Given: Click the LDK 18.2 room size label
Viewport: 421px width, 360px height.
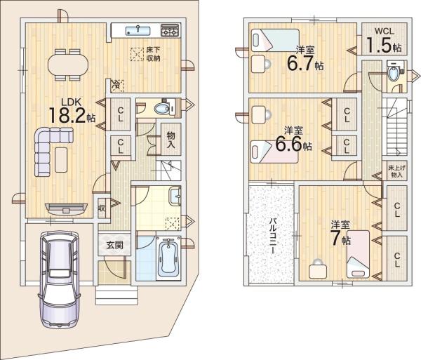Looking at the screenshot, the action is (x=72, y=111).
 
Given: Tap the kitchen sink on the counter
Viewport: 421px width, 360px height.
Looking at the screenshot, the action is (x=138, y=31).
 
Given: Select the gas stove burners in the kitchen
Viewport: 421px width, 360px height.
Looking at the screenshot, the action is (x=170, y=30).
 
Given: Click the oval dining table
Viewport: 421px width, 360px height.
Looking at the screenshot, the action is (x=68, y=65).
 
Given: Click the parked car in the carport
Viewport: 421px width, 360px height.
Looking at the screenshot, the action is (x=59, y=279).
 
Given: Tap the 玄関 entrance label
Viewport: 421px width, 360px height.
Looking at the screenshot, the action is (x=114, y=245).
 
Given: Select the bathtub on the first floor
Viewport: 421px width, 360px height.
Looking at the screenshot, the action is (x=168, y=258).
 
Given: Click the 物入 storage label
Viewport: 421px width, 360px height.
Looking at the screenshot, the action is (x=171, y=140).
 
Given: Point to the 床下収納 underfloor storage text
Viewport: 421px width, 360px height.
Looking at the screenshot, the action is (x=153, y=54).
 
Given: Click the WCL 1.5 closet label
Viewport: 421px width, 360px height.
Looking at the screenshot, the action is (x=384, y=40).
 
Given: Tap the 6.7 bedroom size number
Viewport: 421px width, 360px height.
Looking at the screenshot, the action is (x=300, y=64).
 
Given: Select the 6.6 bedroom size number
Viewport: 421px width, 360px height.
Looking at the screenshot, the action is (x=288, y=145).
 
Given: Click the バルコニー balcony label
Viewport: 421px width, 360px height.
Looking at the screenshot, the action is (x=272, y=236).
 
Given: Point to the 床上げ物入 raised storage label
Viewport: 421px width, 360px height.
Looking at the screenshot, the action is (x=396, y=171).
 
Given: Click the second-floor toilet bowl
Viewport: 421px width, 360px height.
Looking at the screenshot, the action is (x=394, y=73).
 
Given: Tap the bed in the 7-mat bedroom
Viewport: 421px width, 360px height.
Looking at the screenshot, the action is (x=358, y=254).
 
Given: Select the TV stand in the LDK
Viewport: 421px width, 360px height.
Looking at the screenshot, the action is (x=66, y=209).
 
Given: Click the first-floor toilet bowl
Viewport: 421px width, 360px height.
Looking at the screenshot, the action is (x=161, y=109).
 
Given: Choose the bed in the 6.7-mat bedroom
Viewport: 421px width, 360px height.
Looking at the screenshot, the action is (x=275, y=40).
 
